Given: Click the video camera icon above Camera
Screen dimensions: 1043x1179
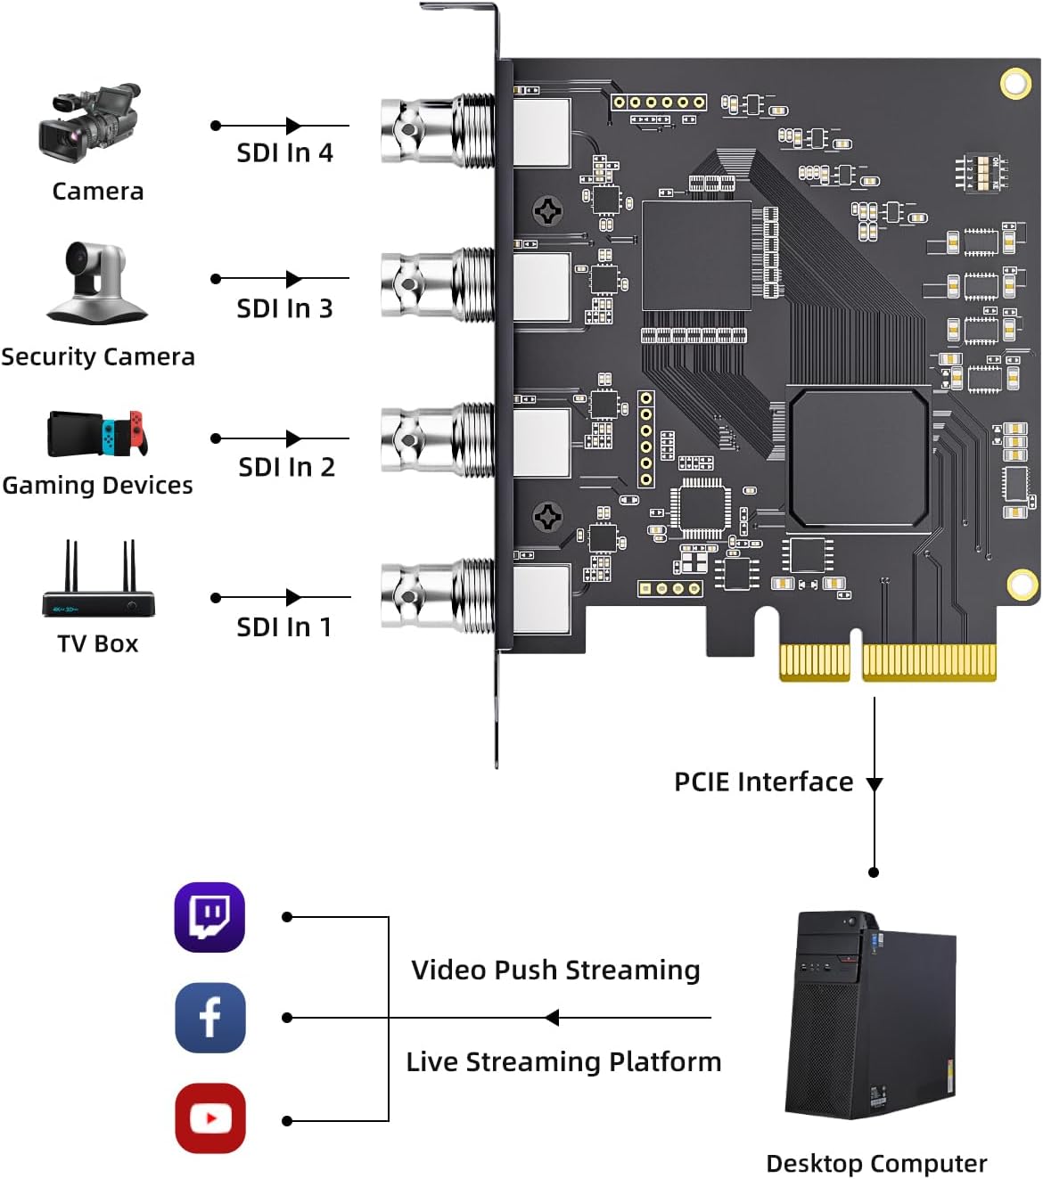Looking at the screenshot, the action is click(x=89, y=123).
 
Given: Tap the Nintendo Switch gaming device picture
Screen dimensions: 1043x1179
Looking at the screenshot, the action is click(x=98, y=433).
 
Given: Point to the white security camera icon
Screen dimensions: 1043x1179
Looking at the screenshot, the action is click(x=97, y=282).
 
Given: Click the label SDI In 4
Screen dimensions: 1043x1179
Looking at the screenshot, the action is click(x=284, y=153).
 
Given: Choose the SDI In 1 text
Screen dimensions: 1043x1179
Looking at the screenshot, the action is click(x=284, y=627).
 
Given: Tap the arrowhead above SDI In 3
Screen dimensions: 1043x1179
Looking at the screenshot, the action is click(x=294, y=279).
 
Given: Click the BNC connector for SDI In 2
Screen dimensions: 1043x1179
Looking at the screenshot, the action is click(x=438, y=439).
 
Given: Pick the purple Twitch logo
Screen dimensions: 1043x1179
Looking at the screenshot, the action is click(x=209, y=917).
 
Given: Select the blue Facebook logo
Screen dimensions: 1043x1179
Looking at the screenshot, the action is click(x=210, y=1018).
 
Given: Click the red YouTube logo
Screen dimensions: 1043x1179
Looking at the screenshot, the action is click(x=210, y=1118).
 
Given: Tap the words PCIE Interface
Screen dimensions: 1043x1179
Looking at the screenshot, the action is click(x=764, y=782).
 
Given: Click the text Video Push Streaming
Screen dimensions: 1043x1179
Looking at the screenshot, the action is click(x=556, y=970).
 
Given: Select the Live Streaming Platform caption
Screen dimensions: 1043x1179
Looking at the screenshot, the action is click(x=563, y=1062).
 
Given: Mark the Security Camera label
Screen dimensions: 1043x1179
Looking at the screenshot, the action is click(x=98, y=356).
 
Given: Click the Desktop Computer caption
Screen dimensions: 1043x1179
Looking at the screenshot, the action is click(x=876, y=1164).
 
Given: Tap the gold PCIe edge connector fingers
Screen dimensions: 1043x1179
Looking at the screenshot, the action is click(x=888, y=662).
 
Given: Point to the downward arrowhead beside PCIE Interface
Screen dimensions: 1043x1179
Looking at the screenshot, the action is click(x=875, y=784).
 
